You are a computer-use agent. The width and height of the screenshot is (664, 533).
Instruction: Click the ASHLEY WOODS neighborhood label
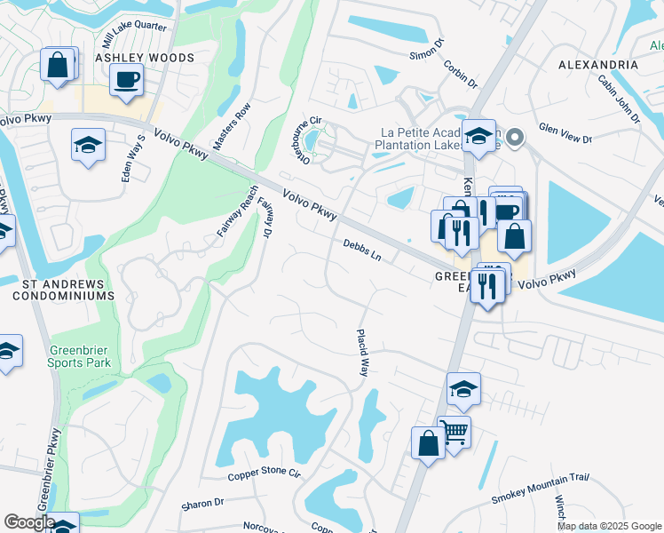145,58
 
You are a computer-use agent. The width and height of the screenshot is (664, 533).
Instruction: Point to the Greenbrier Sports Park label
80,355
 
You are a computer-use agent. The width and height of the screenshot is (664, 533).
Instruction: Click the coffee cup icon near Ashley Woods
126,80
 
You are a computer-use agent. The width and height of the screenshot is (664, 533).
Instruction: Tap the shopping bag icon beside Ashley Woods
58,65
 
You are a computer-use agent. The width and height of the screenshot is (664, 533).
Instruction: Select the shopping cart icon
455,433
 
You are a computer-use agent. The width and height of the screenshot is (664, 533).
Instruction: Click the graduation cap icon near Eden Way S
88,145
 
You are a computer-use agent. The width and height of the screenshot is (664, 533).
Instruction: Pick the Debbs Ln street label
362,250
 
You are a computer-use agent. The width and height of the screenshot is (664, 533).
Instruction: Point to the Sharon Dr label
202,504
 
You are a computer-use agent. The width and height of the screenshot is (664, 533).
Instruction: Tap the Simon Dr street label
424,48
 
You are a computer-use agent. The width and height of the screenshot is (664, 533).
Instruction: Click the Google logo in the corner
29,521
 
